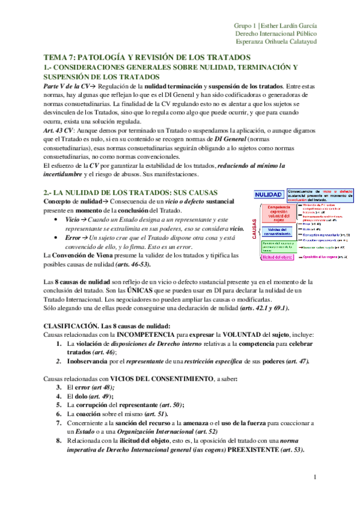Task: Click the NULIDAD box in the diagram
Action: click(268, 195)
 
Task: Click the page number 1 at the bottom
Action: click(314, 478)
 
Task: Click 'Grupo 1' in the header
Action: click(245, 26)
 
